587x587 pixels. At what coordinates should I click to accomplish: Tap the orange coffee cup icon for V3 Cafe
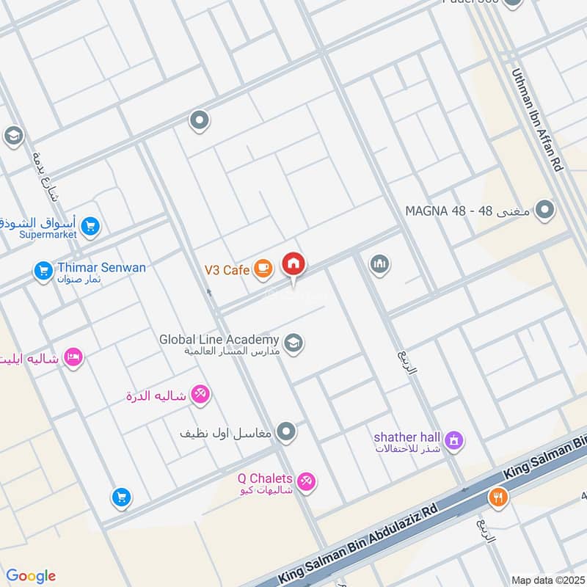(x=263, y=270)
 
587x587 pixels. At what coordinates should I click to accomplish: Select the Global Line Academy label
(x=219, y=340)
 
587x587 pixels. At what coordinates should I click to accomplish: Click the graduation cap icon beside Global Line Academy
(x=293, y=343)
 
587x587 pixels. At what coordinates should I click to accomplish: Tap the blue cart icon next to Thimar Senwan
(x=43, y=271)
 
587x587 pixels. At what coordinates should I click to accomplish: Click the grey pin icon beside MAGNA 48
(x=544, y=211)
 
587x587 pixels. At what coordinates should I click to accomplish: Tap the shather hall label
(x=406, y=437)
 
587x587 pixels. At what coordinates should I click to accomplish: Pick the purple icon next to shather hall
(x=455, y=440)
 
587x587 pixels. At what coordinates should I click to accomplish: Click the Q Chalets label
(x=265, y=478)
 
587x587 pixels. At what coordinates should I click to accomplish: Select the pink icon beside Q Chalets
(x=307, y=481)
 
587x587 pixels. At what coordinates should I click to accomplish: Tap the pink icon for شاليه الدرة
(x=200, y=395)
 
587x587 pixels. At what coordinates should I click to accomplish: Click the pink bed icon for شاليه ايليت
(x=73, y=357)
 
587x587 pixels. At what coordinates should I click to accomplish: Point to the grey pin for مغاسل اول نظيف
(x=287, y=431)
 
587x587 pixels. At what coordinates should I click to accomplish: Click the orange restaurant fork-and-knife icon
(x=498, y=497)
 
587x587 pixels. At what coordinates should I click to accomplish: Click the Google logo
(x=31, y=576)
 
